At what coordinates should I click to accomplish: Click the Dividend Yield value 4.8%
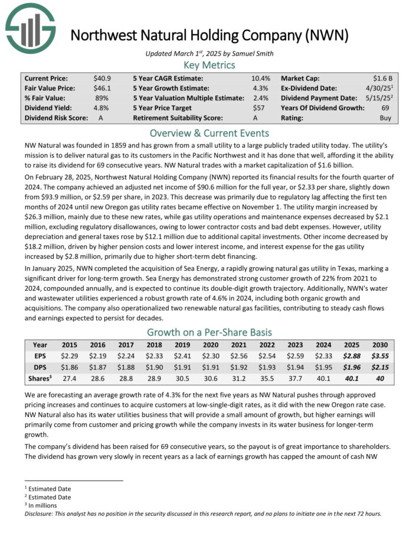(x=101, y=108)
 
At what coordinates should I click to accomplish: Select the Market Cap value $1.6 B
(x=383, y=78)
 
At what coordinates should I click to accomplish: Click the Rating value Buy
(x=385, y=118)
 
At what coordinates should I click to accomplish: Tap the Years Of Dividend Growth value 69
(x=387, y=108)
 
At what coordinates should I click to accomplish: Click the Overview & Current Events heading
(x=209, y=133)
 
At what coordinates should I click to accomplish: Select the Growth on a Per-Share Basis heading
(x=209, y=331)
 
